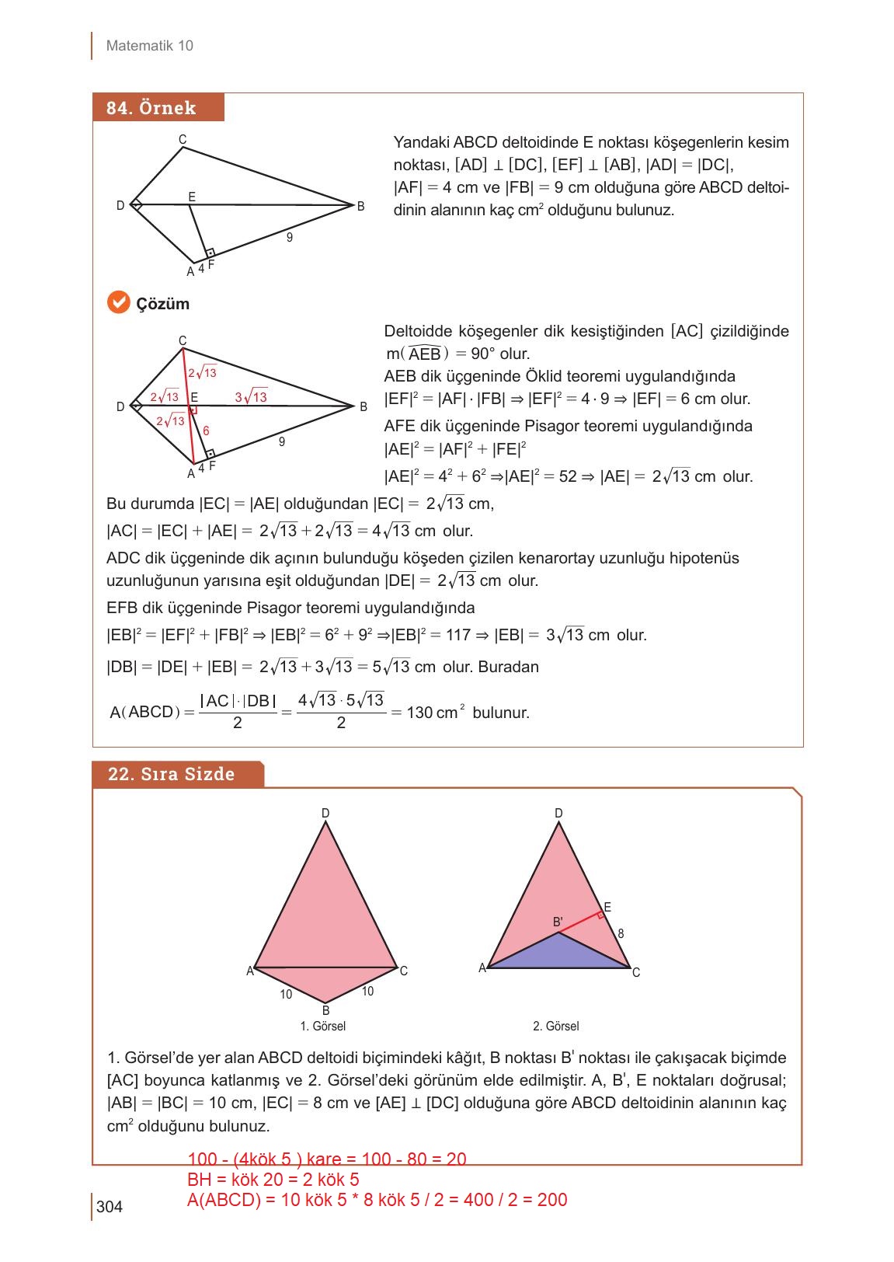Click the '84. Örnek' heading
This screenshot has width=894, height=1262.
[151, 108]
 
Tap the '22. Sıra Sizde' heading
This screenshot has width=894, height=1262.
[171, 774]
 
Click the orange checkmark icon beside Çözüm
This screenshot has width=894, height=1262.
[118, 302]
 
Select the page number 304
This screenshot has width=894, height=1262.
[110, 1207]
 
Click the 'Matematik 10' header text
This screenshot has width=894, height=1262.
[149, 46]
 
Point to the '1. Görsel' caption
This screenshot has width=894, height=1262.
[322, 1026]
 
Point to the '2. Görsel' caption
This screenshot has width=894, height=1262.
[555, 1026]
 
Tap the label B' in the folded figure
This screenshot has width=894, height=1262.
[558, 922]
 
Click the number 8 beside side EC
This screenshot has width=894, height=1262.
[621, 933]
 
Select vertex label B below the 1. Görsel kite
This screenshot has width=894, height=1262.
[325, 1010]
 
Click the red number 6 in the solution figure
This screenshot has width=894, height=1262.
[206, 431]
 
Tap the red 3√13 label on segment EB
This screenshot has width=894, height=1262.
[251, 397]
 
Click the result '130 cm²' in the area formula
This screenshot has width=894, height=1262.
[434, 712]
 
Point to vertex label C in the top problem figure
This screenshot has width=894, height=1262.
[183, 140]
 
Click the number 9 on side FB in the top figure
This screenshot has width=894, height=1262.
[290, 238]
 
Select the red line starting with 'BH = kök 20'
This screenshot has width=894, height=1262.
[273, 1180]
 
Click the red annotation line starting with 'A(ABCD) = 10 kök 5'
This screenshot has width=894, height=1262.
[377, 1200]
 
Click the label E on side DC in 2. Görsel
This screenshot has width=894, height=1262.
[607, 907]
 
